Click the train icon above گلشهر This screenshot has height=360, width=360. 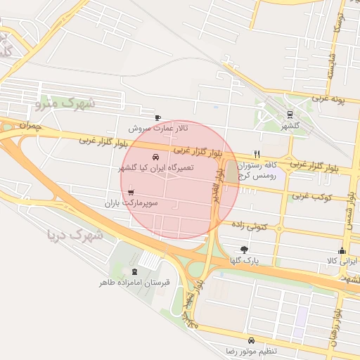click(x=290, y=115)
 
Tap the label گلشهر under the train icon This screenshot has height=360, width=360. click(x=290, y=126)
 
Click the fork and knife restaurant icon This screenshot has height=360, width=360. click(x=257, y=154)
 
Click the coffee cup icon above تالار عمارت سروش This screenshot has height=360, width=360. click(x=157, y=117)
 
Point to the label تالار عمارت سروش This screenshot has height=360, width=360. click(x=159, y=129)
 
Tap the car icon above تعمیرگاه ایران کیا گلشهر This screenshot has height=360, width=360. click(x=155, y=157)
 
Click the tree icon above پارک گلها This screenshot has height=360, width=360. click(x=244, y=249)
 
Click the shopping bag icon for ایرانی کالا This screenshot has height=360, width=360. click(x=342, y=250)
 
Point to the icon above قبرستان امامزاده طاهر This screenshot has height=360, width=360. click(x=134, y=271)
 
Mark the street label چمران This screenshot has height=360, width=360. click(x=32, y=125)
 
